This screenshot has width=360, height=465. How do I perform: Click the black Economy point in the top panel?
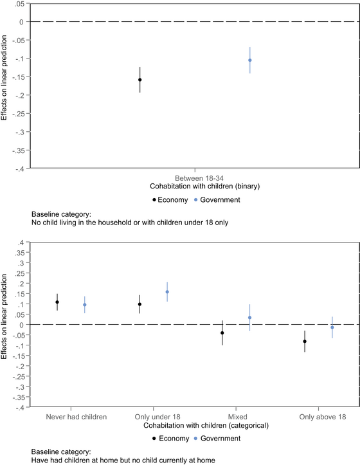click(139, 80)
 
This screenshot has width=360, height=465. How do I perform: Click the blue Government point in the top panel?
click(250, 60)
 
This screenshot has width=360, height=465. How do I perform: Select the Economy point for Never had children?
click(57, 302)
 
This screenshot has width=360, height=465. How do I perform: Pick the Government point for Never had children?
click(85, 305)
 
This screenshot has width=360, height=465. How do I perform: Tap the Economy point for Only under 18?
click(139, 304)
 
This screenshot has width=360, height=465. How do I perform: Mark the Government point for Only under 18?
click(167, 292)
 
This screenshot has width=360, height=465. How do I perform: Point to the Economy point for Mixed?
click(222, 333)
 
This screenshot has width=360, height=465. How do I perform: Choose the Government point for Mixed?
click(250, 317)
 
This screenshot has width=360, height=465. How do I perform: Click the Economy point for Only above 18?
click(305, 341)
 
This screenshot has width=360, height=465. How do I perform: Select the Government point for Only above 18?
click(332, 327)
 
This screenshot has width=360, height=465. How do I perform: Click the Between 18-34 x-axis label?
click(195, 176)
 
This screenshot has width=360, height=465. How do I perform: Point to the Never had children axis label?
click(76, 417)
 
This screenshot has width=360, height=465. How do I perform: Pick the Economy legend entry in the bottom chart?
click(170, 438)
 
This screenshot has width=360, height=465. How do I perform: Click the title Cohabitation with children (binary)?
click(195, 185)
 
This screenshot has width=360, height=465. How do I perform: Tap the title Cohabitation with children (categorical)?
click(195, 425)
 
